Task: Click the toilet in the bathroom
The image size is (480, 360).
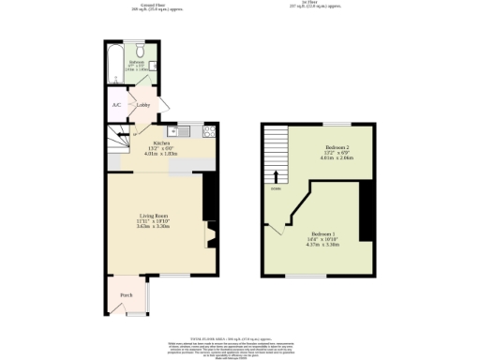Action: (x=138, y=52)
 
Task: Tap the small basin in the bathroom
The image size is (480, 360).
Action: (x=150, y=64)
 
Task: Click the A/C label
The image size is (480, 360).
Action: (x=116, y=105)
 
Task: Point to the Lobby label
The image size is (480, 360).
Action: (x=143, y=105)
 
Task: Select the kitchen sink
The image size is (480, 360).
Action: (x=173, y=130)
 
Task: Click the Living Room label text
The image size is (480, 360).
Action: (x=153, y=216)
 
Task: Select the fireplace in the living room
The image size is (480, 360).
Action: (x=210, y=232)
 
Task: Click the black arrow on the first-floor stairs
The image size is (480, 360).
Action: (x=276, y=174)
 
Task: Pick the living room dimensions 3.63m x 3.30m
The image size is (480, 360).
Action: (x=153, y=227)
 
